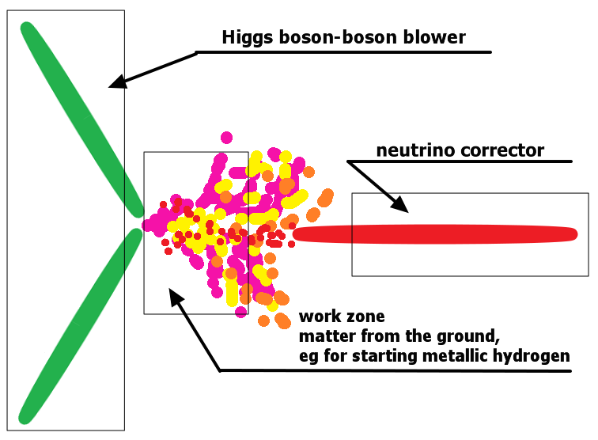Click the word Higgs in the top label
248,38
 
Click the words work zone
342,317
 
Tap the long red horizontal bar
435,234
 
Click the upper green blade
82,119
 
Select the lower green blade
81,325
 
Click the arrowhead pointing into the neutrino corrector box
399,204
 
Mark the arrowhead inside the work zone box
176,297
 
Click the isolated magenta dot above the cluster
226,138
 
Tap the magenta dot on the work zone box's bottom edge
240,312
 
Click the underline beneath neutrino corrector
459,161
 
